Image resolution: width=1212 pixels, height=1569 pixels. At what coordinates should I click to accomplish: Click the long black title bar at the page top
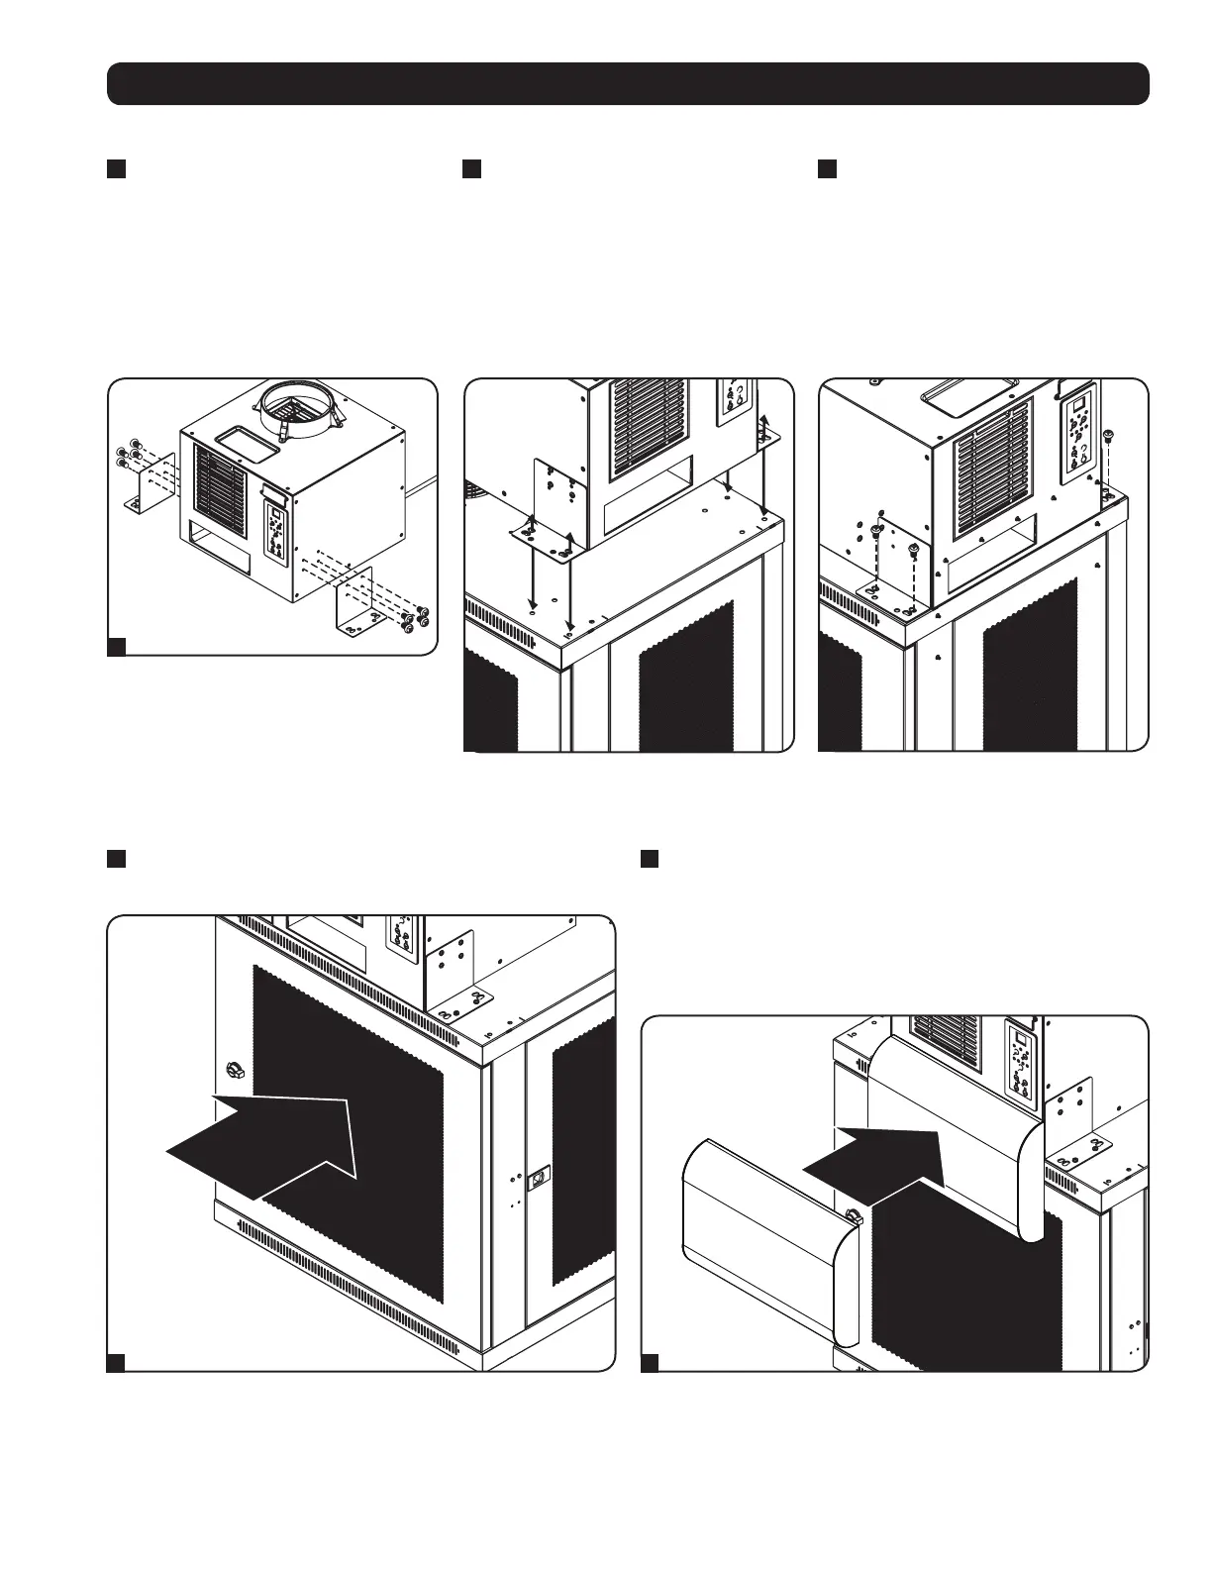pos(628,84)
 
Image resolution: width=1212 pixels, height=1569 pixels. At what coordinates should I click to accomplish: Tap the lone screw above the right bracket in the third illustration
pos(1107,434)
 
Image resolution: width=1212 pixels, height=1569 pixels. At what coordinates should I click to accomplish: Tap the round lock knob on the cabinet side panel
pos(235,1070)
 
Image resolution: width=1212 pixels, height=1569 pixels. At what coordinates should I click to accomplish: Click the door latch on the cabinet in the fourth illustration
pos(539,1179)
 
